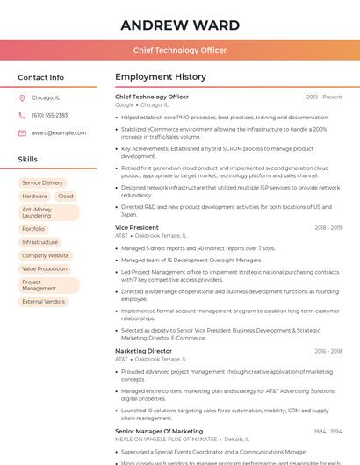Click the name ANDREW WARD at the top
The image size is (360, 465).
coord(179,24)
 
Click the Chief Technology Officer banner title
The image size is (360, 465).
coord(179,50)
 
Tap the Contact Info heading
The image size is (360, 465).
coord(40,77)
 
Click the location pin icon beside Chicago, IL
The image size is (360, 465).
coord(22,98)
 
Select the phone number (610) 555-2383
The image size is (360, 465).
coord(49,115)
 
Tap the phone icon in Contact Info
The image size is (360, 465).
coord(22,115)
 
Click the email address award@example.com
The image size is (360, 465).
coord(59,132)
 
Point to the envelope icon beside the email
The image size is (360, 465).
coord(22,132)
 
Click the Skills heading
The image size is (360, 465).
coord(28,160)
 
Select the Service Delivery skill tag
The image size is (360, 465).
coord(42,182)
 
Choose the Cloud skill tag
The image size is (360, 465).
coord(66,197)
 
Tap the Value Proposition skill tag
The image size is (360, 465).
coord(44,269)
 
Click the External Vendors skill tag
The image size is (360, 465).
coord(43,302)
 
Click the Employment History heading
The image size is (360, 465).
coord(161,77)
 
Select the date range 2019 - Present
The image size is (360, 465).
coord(324,97)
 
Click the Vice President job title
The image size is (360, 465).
coord(137,228)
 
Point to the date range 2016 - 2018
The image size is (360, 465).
coord(327,351)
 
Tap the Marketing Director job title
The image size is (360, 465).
coord(143,351)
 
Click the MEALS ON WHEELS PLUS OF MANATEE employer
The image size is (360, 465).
coord(166,439)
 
